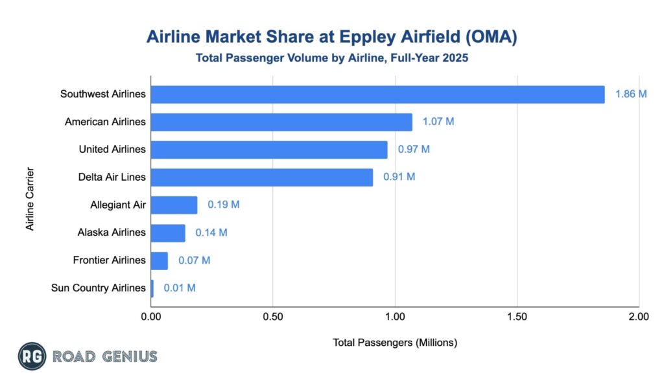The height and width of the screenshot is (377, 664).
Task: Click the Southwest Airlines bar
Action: point(377,95)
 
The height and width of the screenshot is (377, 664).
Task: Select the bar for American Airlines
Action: point(281,122)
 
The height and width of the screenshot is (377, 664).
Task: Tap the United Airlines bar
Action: point(269,150)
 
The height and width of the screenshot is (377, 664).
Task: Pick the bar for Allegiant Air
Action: point(174,205)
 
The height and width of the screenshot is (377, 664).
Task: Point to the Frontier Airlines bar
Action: point(160,260)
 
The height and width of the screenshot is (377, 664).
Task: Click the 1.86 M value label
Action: point(631,95)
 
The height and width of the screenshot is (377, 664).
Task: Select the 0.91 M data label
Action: point(399,177)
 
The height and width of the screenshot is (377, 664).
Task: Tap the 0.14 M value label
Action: point(211,233)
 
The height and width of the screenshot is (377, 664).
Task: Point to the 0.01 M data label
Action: point(180,288)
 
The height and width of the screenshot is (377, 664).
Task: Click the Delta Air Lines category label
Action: point(110,177)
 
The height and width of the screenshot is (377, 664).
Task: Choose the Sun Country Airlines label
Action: point(98,288)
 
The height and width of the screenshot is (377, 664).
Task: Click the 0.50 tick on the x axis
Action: point(273,317)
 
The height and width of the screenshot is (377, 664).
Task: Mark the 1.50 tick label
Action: point(517,317)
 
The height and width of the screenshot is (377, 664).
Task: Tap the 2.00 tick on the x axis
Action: point(639,317)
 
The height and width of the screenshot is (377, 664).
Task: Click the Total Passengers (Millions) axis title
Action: point(395,343)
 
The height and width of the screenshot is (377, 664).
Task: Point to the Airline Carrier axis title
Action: point(30,200)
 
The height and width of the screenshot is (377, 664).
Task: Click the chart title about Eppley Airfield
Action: point(331,37)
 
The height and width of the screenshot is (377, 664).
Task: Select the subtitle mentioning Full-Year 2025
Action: point(331,58)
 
